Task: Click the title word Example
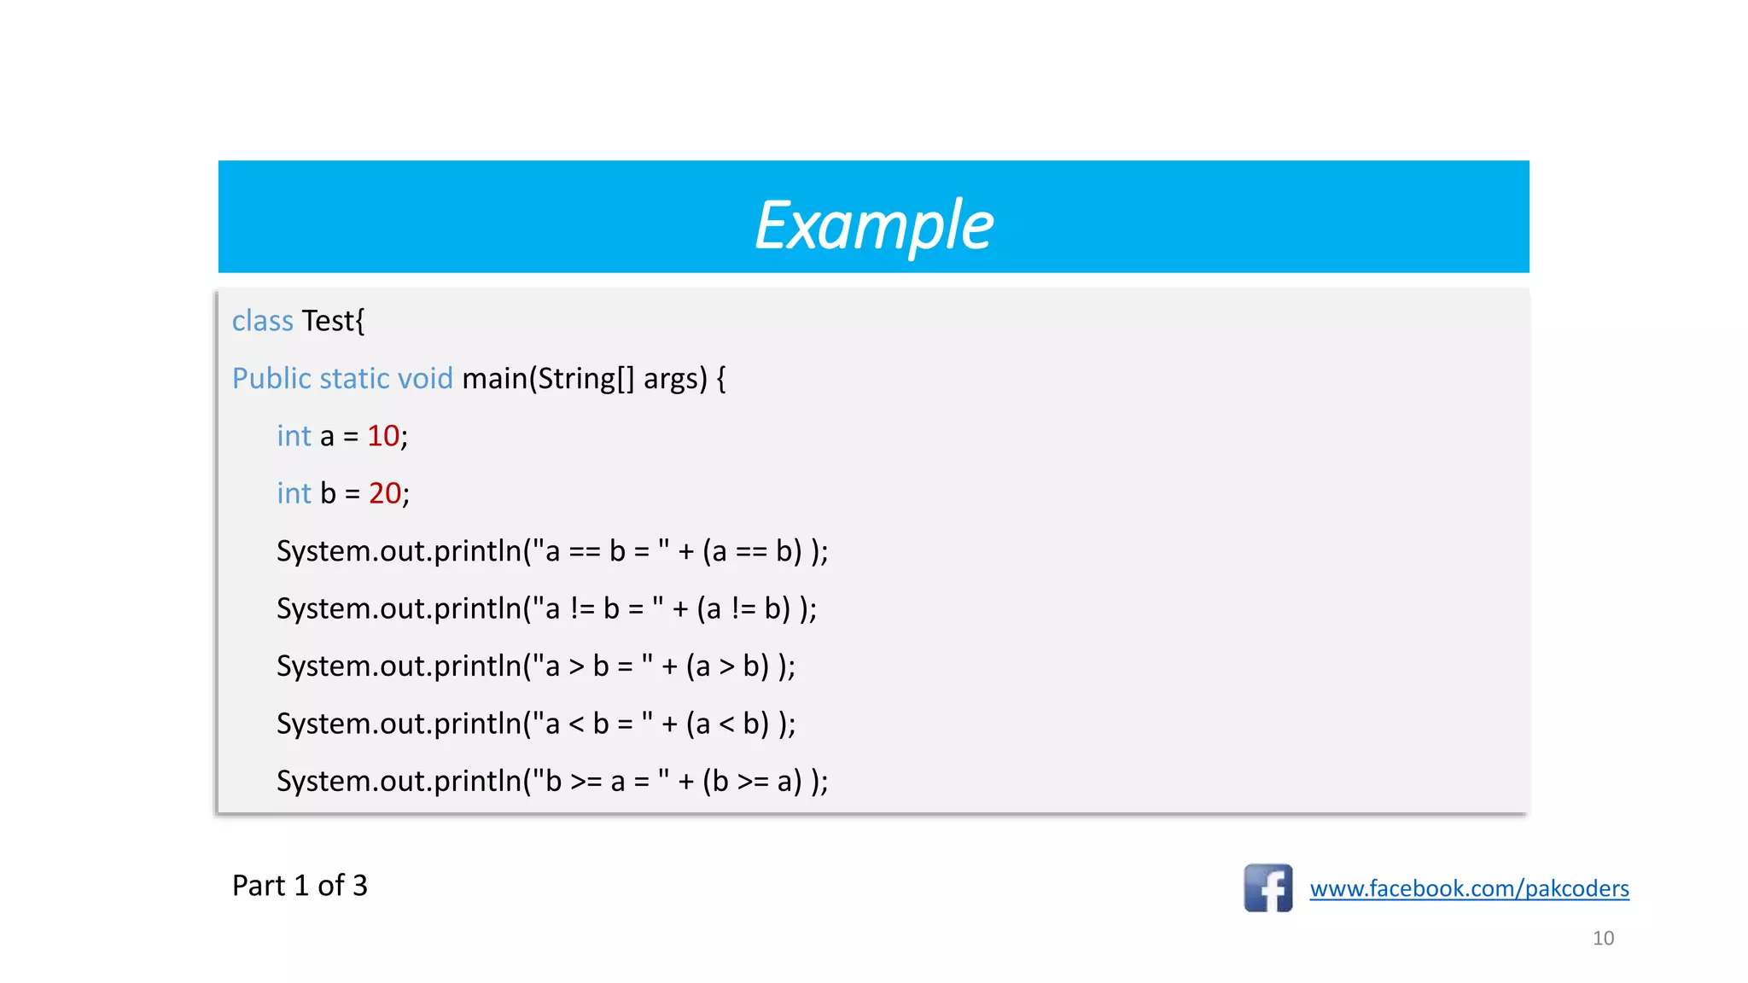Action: (874, 225)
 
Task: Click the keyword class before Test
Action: (262, 321)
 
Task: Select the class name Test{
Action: (333, 321)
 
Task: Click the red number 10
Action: (382, 436)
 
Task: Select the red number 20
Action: (384, 493)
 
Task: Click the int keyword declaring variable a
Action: (294, 436)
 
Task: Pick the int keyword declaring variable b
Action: (294, 493)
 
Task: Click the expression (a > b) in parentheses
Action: (727, 666)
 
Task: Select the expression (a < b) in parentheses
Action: (727, 724)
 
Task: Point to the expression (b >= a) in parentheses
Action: (752, 782)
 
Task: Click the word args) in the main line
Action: (675, 378)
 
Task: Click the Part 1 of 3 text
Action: (300, 886)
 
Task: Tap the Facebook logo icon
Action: (1267, 888)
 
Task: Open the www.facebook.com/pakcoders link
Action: (1469, 888)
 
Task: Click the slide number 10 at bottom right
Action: (1603, 939)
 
